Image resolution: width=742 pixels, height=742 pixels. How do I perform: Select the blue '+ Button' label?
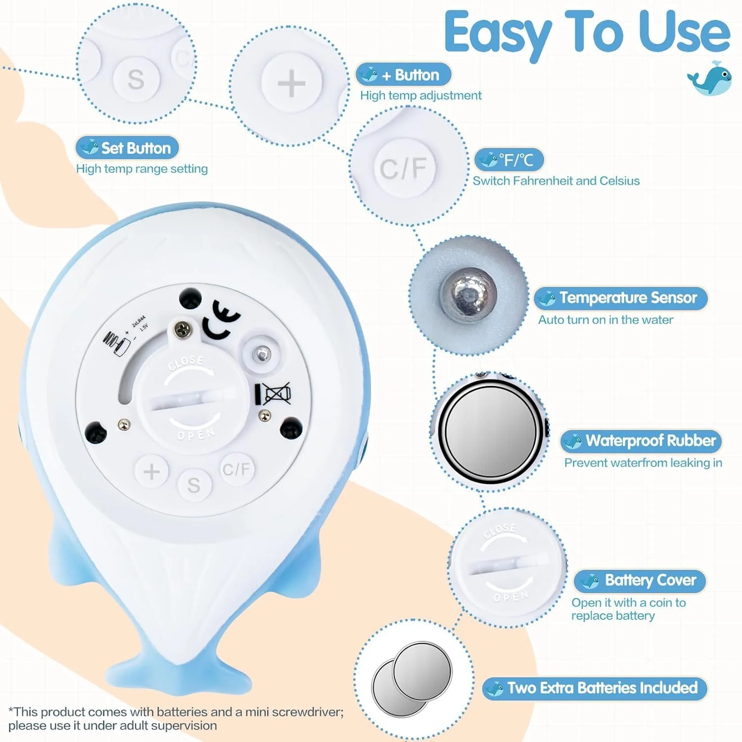[x=404, y=75]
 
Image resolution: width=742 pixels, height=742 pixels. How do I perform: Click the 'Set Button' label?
[x=127, y=148]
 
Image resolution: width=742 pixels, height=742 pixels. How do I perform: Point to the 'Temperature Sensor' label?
[x=621, y=298]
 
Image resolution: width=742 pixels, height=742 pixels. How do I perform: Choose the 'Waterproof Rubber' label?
[x=641, y=441]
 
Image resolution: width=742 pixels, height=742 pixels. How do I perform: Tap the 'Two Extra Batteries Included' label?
[x=595, y=688]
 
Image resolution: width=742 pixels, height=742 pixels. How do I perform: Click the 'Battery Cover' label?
[x=640, y=580]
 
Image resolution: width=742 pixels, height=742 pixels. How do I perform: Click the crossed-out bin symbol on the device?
[x=274, y=394]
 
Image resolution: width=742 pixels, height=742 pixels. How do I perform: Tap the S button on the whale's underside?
[x=194, y=485]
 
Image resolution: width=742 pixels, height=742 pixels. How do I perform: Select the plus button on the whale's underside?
[x=152, y=471]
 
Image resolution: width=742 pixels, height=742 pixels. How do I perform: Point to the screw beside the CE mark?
[x=183, y=329]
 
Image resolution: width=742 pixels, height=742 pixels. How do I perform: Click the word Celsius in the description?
[x=619, y=181]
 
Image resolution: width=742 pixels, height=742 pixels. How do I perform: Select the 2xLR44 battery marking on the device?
[x=139, y=321]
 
